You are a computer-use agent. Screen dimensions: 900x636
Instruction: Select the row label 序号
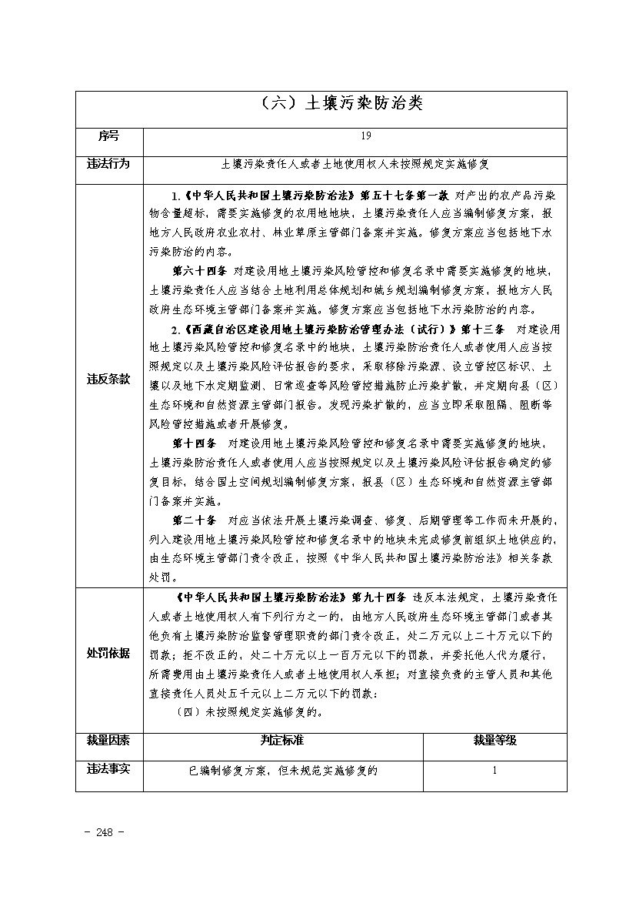coord(108,136)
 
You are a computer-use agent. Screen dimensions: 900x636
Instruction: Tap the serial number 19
coord(365,136)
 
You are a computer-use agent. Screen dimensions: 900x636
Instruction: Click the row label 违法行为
coord(108,164)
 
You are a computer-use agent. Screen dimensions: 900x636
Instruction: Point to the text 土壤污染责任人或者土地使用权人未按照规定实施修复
coord(355,164)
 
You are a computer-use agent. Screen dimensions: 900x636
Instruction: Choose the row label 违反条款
coord(108,380)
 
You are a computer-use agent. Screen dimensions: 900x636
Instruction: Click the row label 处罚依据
coord(108,653)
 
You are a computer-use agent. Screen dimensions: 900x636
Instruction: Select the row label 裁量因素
coord(108,740)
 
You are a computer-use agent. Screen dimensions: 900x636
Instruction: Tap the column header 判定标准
coord(283,740)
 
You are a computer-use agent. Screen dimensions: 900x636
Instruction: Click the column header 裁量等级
coord(494,740)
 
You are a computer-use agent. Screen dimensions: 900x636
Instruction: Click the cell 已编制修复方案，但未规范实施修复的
coord(283,769)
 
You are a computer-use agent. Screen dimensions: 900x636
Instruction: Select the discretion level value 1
coord(494,769)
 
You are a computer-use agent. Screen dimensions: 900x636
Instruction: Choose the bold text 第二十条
coord(195,520)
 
